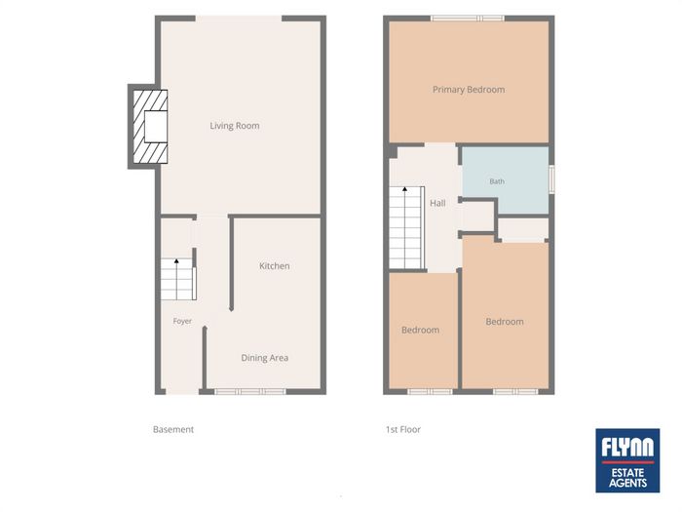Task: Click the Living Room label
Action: coord(235,126)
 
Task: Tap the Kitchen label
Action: coord(274,266)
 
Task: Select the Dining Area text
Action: coord(264,358)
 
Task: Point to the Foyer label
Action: coord(182,321)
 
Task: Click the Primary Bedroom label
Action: coord(469,90)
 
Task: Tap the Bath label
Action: coord(497,181)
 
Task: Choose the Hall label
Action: coord(437,203)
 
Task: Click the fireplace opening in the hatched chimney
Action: coord(156,126)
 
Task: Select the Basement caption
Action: coord(173,430)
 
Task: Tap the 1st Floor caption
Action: coord(403,430)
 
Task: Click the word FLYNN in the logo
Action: coord(627,447)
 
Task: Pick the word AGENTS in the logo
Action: coord(627,483)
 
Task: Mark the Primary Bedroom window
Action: coord(468,19)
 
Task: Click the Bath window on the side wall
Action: coord(551,178)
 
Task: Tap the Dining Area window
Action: coord(250,392)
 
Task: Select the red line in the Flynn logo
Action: coord(627,462)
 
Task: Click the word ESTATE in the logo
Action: coord(627,473)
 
